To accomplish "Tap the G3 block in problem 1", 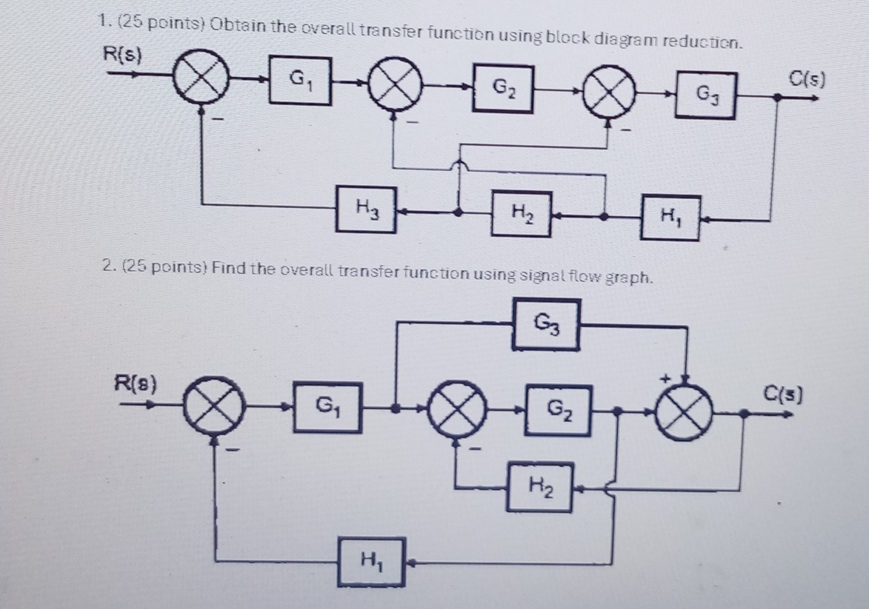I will click(x=705, y=95).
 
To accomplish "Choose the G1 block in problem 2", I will click(x=327, y=406).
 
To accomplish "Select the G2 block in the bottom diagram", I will click(x=559, y=409).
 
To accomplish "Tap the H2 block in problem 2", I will click(x=540, y=486).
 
